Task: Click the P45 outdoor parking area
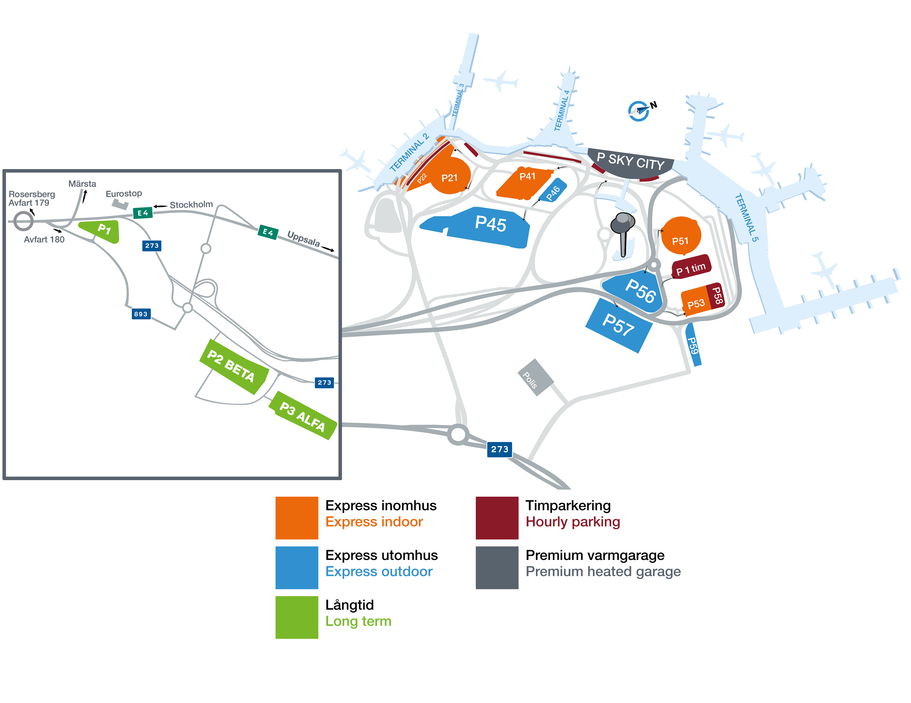(484, 227)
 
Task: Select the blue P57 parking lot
(618, 325)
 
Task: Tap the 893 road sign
(141, 314)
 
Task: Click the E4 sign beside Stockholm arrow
(143, 213)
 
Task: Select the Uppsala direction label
(303, 239)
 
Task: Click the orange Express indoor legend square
(297, 518)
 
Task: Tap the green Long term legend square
(297, 617)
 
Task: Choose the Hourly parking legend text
(572, 522)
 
